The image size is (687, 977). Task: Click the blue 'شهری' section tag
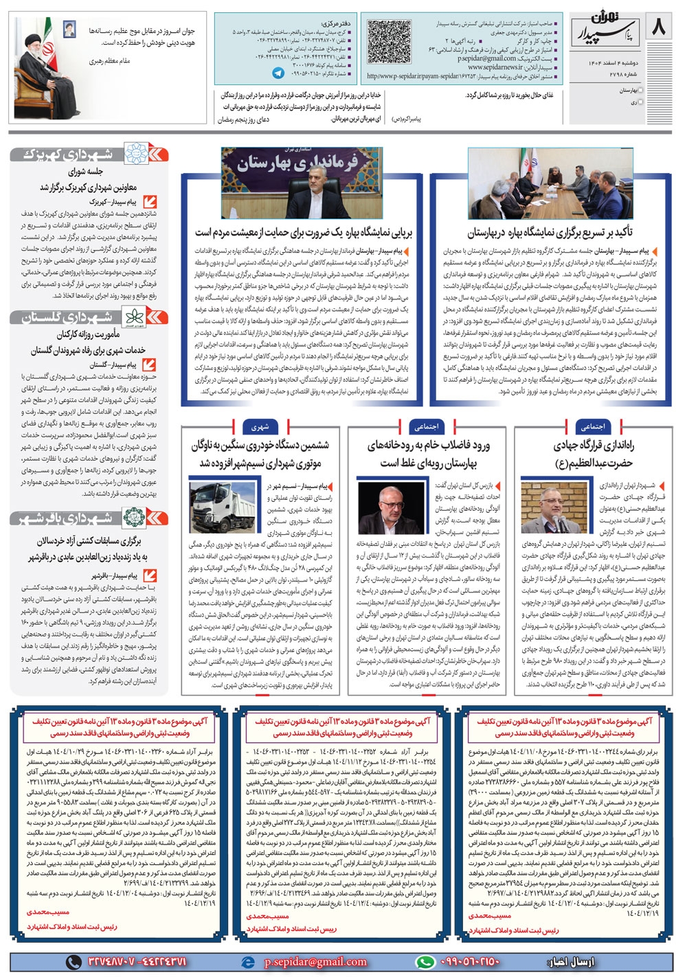tap(260, 426)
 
